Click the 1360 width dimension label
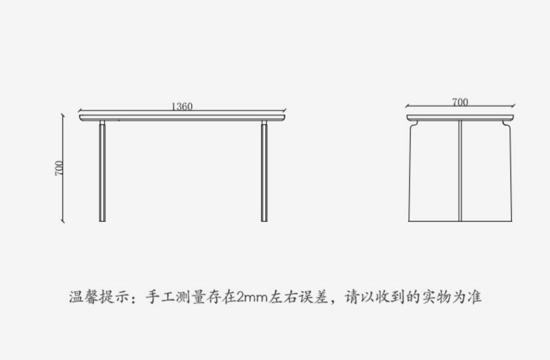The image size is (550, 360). [x=182, y=106]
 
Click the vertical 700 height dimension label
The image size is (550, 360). [x=59, y=168]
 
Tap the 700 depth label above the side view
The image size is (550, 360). [x=460, y=102]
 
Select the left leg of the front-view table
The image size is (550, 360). [x=102, y=172]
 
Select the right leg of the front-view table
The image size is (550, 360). [x=264, y=172]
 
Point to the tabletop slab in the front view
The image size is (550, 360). [x=182, y=117]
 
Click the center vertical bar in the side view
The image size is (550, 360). [x=460, y=170]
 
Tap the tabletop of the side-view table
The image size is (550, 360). [x=460, y=117]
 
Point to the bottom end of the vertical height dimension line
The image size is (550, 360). [x=63, y=221]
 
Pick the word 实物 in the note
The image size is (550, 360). [x=436, y=297]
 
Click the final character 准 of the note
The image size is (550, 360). [x=474, y=297]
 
